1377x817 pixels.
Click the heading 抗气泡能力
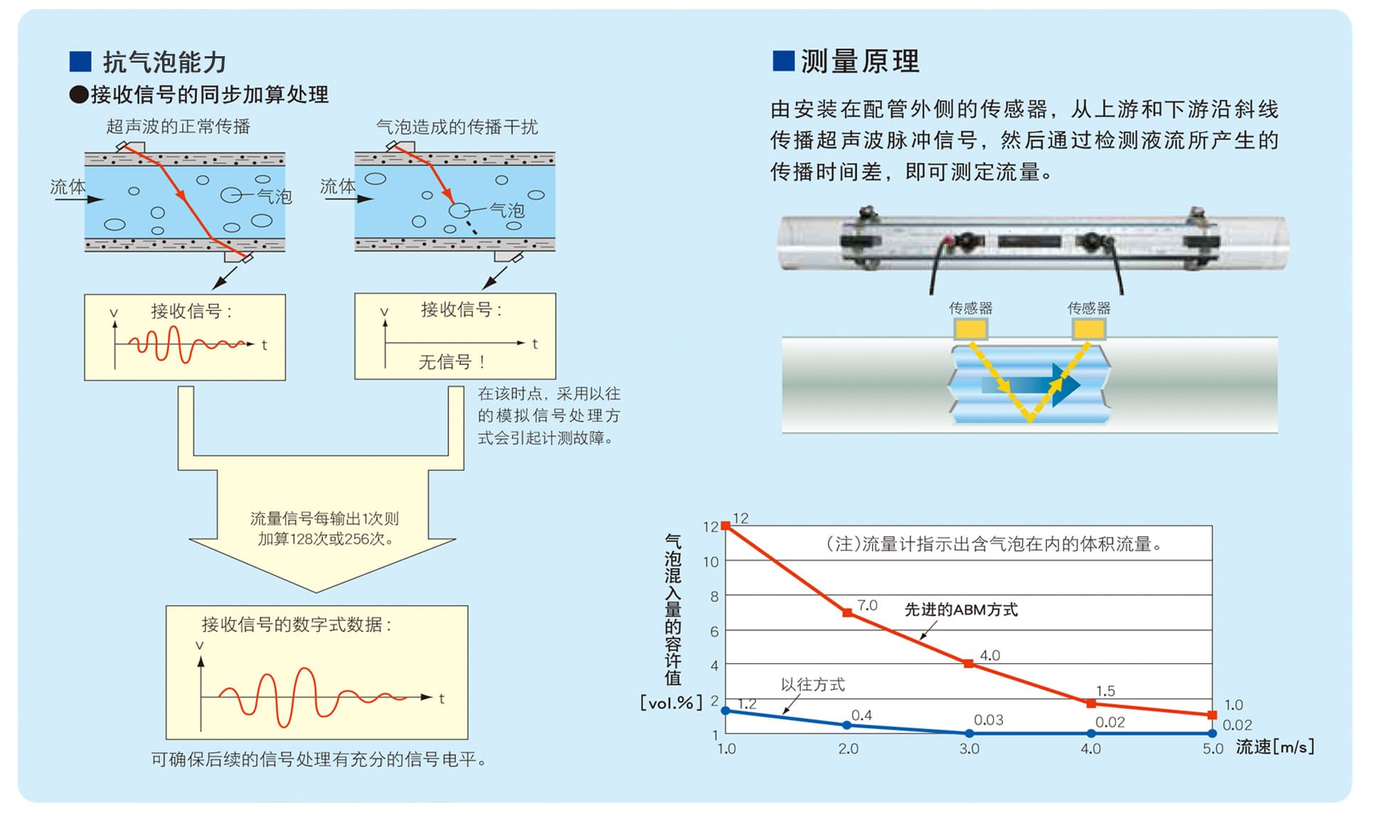tap(164, 62)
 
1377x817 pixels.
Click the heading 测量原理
tap(861, 61)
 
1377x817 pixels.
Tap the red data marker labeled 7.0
tap(847, 612)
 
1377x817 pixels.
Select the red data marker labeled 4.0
tap(969, 663)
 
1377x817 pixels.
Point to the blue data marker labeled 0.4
tap(846, 725)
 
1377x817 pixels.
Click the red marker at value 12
tap(725, 526)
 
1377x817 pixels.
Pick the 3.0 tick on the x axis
tap(969, 749)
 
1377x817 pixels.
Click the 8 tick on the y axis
tap(714, 596)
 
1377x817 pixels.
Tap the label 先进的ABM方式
tap(961, 609)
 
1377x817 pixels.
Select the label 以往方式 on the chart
tap(813, 685)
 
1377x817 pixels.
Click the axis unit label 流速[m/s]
tap(1275, 747)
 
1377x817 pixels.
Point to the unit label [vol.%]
tap(671, 702)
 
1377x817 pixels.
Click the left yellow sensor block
tap(970, 329)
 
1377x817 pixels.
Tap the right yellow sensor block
tap(1089, 329)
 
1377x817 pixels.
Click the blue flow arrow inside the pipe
tap(1031, 385)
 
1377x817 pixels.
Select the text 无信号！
tap(452, 362)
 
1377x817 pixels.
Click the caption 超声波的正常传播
tap(179, 127)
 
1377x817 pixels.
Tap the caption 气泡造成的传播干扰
tap(457, 127)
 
